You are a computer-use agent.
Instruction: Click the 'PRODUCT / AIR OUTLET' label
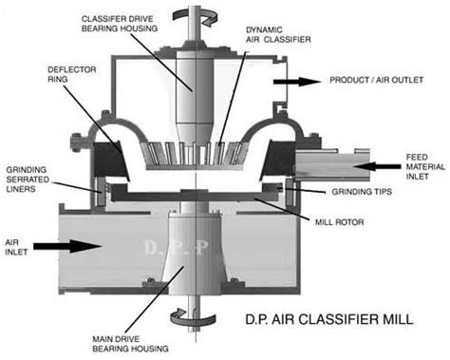point(376,80)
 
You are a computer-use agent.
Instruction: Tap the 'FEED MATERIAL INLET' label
point(425,167)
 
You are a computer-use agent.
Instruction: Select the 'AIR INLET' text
point(16,247)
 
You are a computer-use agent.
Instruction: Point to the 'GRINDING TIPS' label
point(362,192)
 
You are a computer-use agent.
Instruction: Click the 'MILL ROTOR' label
point(339,222)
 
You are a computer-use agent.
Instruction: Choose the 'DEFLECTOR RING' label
point(72,74)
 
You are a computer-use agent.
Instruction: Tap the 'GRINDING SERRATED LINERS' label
point(28,180)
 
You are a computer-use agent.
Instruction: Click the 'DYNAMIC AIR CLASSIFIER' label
point(278,35)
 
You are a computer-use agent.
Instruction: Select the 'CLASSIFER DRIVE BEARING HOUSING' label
point(120,24)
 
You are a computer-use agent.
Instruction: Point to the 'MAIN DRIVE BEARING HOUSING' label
point(130,344)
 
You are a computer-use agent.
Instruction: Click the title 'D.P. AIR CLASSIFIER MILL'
point(329,319)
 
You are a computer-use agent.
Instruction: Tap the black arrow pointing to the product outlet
point(297,82)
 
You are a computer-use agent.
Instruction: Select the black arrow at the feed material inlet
point(377,166)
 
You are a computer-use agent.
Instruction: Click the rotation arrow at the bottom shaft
point(193,317)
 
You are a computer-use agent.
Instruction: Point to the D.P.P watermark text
point(177,248)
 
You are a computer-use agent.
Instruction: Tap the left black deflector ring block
point(110,160)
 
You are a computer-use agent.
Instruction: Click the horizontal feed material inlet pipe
point(332,164)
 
